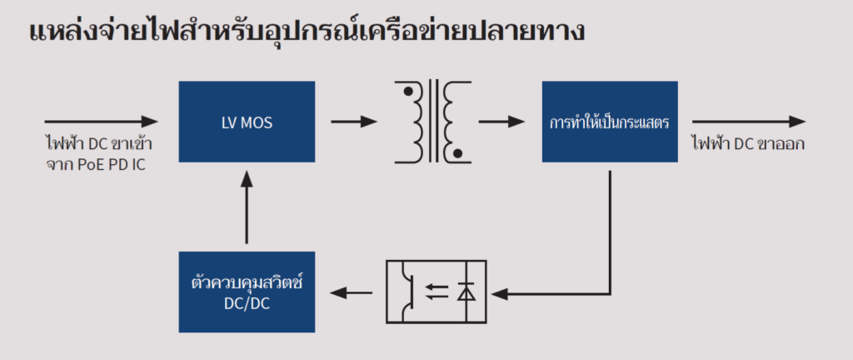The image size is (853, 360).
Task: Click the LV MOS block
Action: [x=247, y=122]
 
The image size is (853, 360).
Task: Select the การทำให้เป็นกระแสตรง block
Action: [x=611, y=122]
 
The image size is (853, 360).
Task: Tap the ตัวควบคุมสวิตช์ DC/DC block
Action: [x=247, y=292]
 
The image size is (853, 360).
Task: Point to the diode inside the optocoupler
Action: [x=466, y=292]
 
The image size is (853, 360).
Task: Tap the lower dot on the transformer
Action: [x=456, y=152]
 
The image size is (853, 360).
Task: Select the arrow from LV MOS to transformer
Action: [x=353, y=122]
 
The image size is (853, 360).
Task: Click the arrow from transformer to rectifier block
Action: [x=501, y=122]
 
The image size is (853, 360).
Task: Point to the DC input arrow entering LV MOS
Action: [x=100, y=122]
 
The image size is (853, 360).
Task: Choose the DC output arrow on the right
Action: [x=748, y=122]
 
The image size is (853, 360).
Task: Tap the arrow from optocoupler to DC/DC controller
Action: [x=352, y=292]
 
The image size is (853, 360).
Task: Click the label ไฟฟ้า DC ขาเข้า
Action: [x=98, y=143]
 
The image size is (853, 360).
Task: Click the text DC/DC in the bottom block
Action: [x=247, y=305]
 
